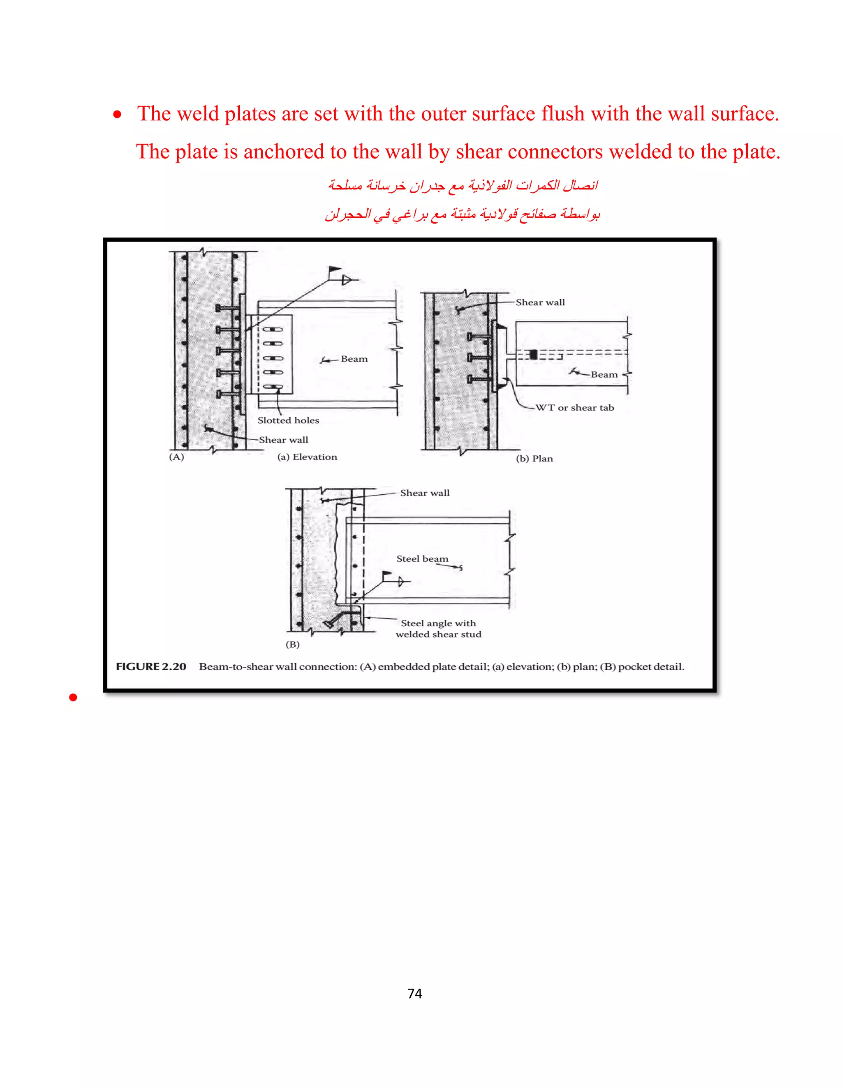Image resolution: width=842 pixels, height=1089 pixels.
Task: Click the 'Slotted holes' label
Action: click(288, 420)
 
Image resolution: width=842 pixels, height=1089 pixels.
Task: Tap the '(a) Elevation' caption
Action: click(307, 457)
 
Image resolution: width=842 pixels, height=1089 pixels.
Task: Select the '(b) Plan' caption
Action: click(534, 459)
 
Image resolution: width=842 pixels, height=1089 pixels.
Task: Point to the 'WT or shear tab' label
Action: click(575, 407)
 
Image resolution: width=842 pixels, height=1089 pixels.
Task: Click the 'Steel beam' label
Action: click(422, 559)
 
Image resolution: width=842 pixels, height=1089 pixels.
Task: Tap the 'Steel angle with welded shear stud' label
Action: click(438, 629)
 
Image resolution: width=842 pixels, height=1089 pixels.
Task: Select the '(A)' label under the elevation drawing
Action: click(176, 457)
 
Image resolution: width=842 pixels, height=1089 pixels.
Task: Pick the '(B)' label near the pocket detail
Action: click(292, 644)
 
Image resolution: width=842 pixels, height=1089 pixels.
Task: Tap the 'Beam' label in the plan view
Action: click(604, 374)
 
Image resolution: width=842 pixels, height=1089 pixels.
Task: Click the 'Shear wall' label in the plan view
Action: click(540, 302)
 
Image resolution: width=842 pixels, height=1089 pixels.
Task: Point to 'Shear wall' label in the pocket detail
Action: click(424, 493)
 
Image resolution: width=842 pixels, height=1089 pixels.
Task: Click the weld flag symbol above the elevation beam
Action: click(335, 271)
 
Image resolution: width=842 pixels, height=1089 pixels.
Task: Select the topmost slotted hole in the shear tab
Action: click(273, 330)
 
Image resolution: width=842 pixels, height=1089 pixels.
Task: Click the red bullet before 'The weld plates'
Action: click(117, 115)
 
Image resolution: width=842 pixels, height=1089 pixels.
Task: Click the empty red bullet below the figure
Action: click(73, 697)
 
